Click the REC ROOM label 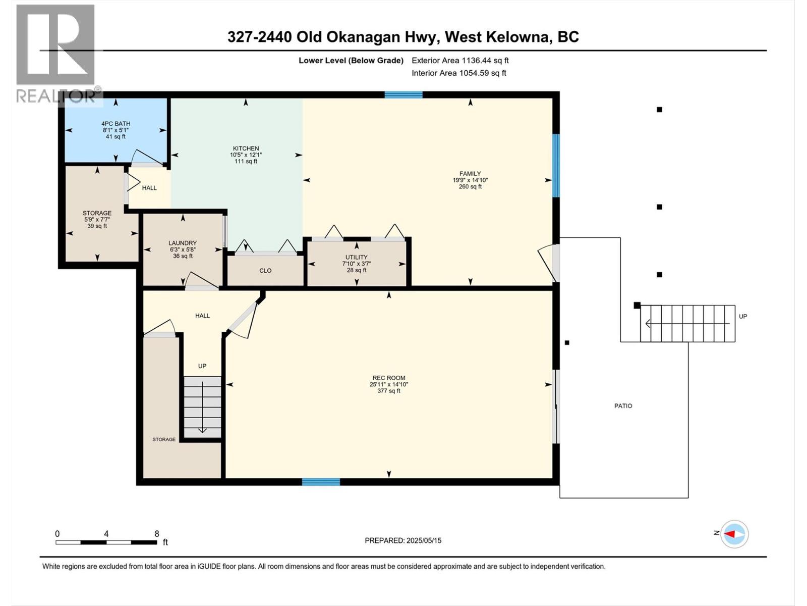click(388, 378)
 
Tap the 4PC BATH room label click(116, 124)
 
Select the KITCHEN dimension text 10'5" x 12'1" click(246, 155)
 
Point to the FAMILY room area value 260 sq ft click(470, 186)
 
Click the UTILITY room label click(356, 257)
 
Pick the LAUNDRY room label click(183, 243)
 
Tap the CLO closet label click(265, 271)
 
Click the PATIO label click(623, 406)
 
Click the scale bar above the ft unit click(106, 542)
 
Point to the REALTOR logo click(57, 55)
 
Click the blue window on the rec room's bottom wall click(321, 482)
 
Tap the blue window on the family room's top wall click(403, 94)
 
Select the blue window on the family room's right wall click(556, 166)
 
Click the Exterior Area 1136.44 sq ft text click(460, 60)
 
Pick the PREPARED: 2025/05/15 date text click(403, 540)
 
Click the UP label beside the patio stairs click(743, 317)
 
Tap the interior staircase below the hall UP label click(203, 407)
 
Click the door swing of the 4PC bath click(147, 158)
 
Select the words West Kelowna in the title click(497, 37)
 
